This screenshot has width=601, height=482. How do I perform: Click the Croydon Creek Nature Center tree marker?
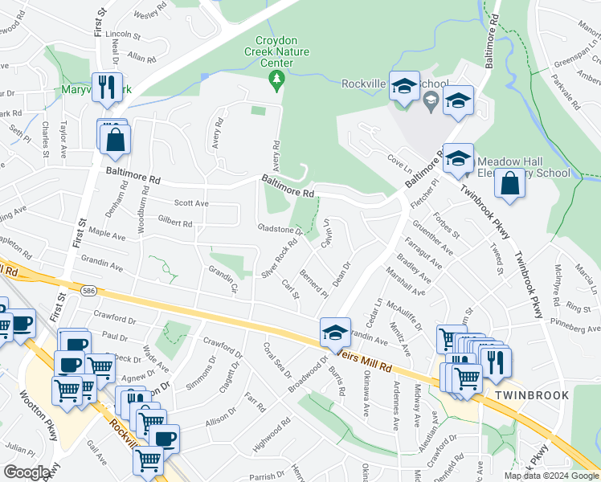(x=276, y=79)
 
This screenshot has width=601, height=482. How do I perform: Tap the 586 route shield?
(x=87, y=287)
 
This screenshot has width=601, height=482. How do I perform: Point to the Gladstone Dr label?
(x=280, y=229)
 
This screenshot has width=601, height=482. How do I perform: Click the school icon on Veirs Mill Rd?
(x=335, y=330)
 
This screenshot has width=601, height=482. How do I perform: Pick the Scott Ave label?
(x=191, y=204)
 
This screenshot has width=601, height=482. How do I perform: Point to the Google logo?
(x=27, y=472)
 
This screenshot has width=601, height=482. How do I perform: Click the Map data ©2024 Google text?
(x=550, y=476)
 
